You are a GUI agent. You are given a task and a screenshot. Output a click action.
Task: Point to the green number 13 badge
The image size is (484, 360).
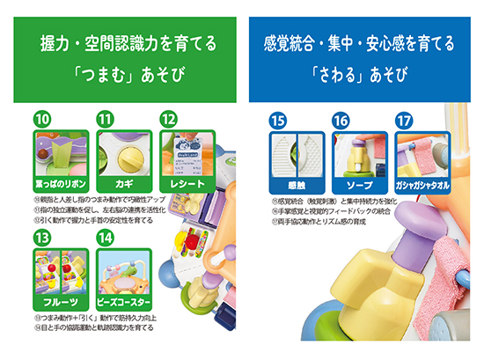(x=40, y=238)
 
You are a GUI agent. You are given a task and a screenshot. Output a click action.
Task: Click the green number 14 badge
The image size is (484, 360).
(x=106, y=238)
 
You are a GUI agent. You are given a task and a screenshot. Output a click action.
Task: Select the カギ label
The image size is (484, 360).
(x=122, y=185)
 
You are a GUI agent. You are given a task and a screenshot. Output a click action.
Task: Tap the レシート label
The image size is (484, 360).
(x=186, y=185)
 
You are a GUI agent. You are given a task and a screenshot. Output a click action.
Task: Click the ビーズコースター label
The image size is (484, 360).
(x=122, y=303)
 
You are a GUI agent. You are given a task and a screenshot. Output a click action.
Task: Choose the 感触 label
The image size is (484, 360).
(x=297, y=186)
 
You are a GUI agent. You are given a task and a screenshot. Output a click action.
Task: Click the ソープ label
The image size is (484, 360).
(x=360, y=186)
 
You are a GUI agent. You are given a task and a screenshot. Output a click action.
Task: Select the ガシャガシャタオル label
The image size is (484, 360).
(x=423, y=186)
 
